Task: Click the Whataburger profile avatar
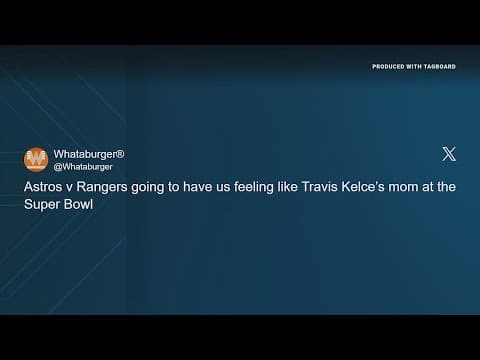click(x=36, y=159)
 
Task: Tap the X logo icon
click(x=449, y=154)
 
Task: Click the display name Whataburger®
click(x=89, y=154)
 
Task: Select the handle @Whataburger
click(x=83, y=166)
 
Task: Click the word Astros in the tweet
click(x=42, y=186)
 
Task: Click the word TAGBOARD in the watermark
click(x=439, y=66)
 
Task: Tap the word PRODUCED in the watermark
click(x=388, y=66)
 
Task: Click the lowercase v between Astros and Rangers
click(x=68, y=186)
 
